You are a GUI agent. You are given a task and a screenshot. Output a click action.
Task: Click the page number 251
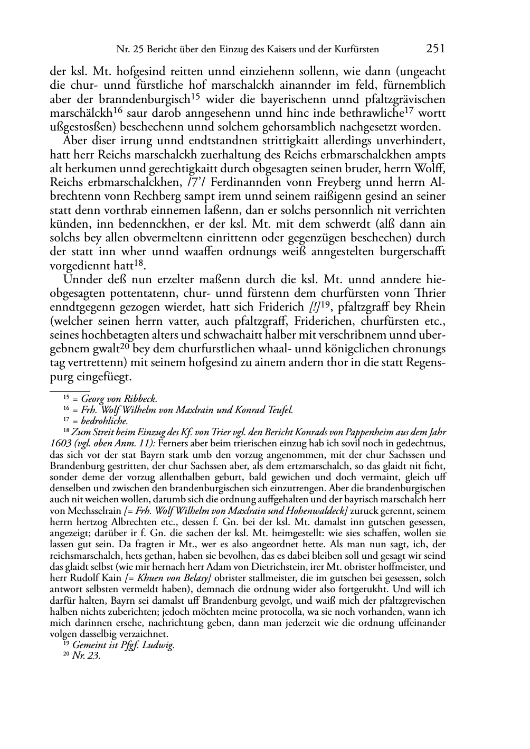435,49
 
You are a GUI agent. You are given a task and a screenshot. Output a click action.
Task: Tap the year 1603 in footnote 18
60,444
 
